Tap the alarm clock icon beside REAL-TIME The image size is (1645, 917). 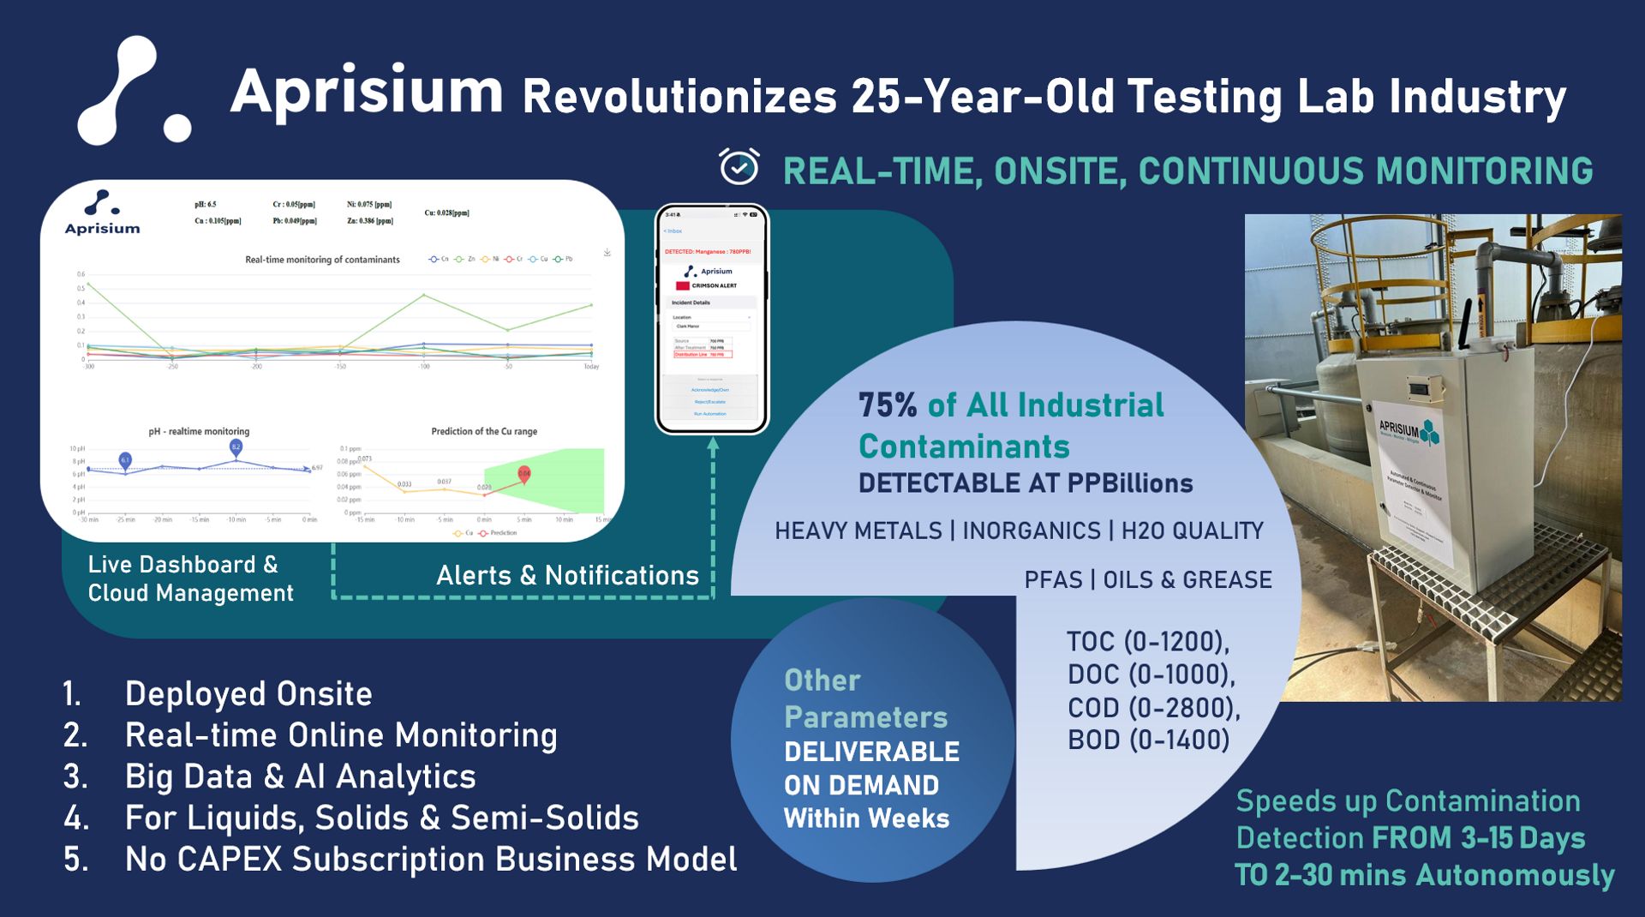(739, 166)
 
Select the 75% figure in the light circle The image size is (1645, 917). (888, 405)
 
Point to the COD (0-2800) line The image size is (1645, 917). (1152, 708)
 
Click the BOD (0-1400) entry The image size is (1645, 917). (1148, 740)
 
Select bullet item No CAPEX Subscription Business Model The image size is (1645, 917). (430, 859)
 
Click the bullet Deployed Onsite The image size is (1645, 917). (248, 693)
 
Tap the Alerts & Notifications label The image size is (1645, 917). (567, 575)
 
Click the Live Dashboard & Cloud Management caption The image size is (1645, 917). (190, 578)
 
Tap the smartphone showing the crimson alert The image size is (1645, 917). (711, 319)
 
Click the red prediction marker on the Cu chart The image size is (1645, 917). (523, 473)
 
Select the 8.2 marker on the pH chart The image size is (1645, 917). (236, 447)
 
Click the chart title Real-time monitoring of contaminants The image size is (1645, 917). (322, 260)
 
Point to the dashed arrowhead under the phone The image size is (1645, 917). (713, 443)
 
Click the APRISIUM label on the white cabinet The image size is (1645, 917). (1398, 428)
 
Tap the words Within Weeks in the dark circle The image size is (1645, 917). (866, 818)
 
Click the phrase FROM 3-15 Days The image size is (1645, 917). (1478, 838)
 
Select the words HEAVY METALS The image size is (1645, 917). (858, 531)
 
